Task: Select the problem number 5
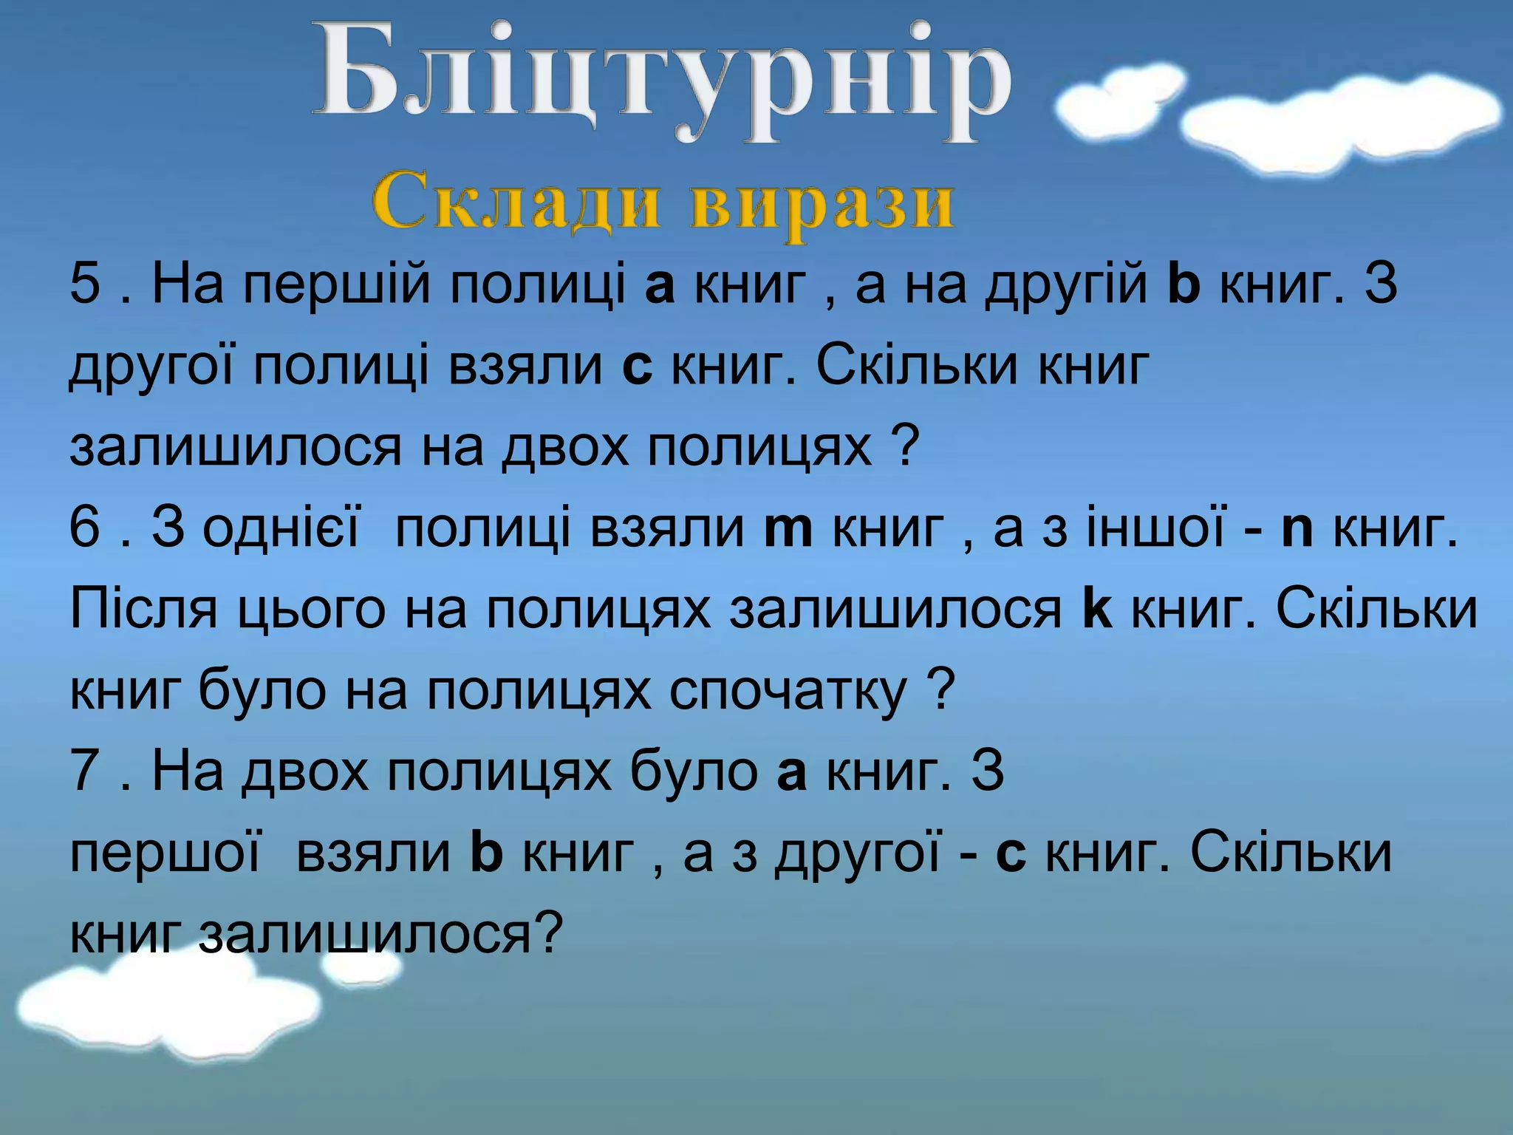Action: [x=84, y=284]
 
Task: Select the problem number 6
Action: [x=84, y=528]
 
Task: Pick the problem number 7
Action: [x=84, y=771]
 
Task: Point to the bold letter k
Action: [x=1096, y=610]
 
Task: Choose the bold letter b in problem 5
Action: [x=1184, y=284]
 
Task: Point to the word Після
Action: [x=144, y=610]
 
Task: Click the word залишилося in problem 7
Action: [x=366, y=933]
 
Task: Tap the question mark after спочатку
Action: [x=940, y=691]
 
